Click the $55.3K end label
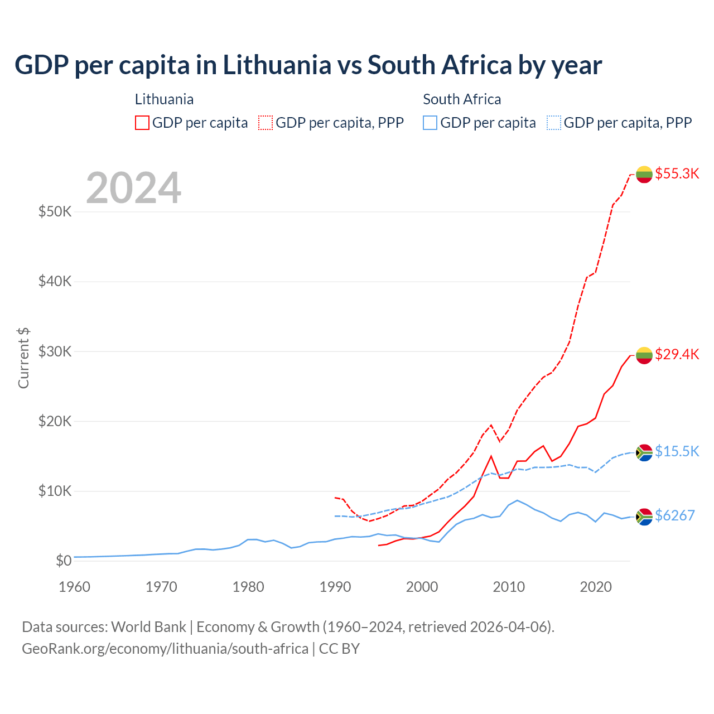677,173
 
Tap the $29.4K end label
677,354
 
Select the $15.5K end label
677,451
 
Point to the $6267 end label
674,515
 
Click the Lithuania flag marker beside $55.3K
644,174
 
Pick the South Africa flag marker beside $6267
644,517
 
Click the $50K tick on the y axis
55,212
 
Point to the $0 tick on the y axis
64,561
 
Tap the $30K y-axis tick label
55,351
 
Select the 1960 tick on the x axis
74,587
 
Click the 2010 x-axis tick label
509,587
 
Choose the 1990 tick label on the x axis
335,587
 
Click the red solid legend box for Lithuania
142,123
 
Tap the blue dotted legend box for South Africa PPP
554,123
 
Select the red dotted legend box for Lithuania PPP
266,123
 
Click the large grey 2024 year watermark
133,188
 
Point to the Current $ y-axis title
23,358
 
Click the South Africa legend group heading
462,99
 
